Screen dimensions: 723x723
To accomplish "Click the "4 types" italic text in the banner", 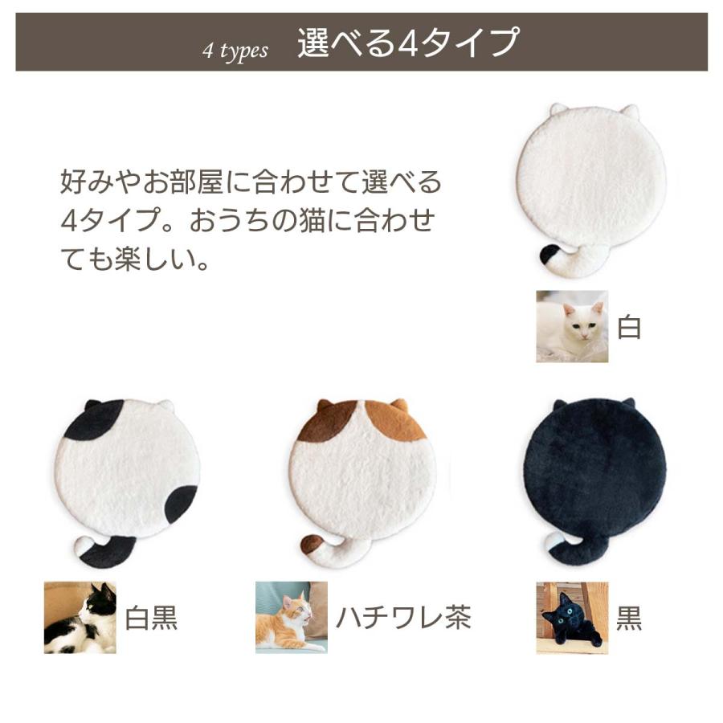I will (x=235, y=51).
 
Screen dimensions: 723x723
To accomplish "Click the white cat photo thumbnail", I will (x=572, y=326).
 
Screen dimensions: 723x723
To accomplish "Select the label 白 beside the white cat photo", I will (x=630, y=327).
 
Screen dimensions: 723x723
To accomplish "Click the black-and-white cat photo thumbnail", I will (x=80, y=617).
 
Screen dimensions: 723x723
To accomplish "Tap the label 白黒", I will (x=151, y=618).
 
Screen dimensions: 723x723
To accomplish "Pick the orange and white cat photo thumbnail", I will (x=292, y=617).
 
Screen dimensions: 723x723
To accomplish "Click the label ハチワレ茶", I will (x=403, y=618).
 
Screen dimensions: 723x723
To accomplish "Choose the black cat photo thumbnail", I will (x=572, y=617).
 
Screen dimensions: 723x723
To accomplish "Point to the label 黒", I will (x=630, y=618).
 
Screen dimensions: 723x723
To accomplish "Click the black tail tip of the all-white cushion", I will (x=550, y=255).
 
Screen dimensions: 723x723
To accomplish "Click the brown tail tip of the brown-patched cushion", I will (x=311, y=544).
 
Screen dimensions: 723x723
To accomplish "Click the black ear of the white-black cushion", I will (x=92, y=405).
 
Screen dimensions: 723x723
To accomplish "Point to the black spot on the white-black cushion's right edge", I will (x=181, y=504).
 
